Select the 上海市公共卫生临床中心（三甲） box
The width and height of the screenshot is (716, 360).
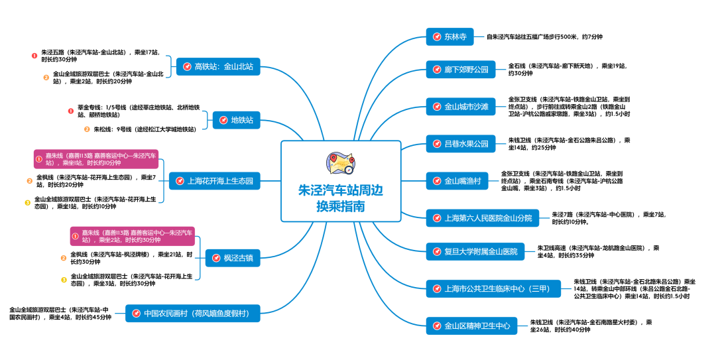click(491, 288)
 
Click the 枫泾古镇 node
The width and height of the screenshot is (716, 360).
click(233, 258)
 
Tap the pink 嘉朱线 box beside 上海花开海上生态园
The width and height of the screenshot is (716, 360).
click(97, 159)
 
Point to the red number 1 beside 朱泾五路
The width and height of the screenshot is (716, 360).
click(34, 55)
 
